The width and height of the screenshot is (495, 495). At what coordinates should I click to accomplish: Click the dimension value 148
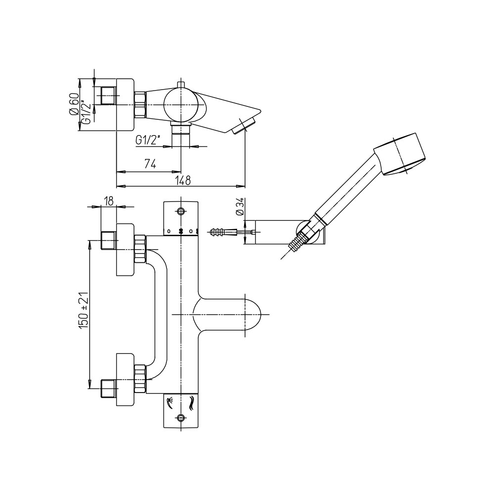[x=183, y=180]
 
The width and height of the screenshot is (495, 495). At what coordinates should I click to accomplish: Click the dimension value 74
[x=150, y=164]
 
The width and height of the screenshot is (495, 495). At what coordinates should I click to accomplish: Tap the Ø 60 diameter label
[x=74, y=104]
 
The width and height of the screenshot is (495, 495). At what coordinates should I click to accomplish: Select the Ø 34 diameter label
[x=240, y=206]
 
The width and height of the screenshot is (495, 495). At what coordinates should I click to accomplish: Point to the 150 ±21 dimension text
[x=83, y=310]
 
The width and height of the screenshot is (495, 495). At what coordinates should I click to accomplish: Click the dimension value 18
[x=108, y=201]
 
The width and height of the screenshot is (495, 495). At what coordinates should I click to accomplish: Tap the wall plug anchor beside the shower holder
[x=220, y=232]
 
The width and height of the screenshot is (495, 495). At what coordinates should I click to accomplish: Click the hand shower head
[x=400, y=154]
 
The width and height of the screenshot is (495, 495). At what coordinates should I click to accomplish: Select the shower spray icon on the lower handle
[x=170, y=402]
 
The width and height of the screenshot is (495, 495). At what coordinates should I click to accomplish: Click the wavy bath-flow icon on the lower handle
[x=191, y=404]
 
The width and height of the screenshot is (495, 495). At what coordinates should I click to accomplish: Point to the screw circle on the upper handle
[x=181, y=211]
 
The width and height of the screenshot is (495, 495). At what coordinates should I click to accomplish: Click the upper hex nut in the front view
[x=140, y=249]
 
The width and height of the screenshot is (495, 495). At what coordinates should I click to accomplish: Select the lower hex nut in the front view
[x=140, y=379]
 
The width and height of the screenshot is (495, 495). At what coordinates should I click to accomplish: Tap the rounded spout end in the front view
[x=252, y=315]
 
